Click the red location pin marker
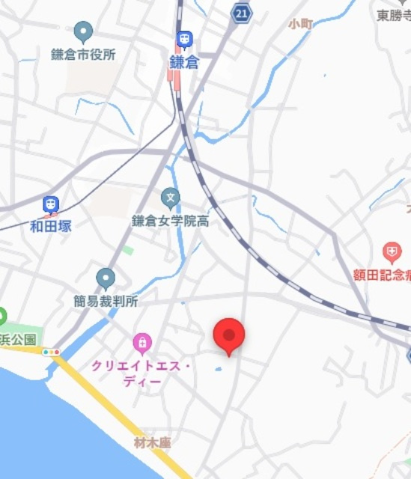[x=229, y=335]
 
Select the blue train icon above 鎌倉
[x=183, y=40]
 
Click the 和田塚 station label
[x=51, y=225]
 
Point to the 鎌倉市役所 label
[x=83, y=54]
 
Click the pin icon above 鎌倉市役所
[x=83, y=32]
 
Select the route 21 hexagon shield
[x=240, y=13]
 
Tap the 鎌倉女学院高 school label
[x=170, y=221]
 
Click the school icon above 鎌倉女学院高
[x=171, y=198]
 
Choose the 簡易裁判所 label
[x=106, y=301]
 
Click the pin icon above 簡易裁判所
[x=106, y=279]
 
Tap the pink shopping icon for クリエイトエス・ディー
[x=141, y=344]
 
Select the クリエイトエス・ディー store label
[x=141, y=373]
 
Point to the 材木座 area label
[x=153, y=443]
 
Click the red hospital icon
[x=392, y=252]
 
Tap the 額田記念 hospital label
[x=382, y=274]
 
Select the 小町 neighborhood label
[x=301, y=23]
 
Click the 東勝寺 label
[x=393, y=15]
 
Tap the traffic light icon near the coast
[x=51, y=352]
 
